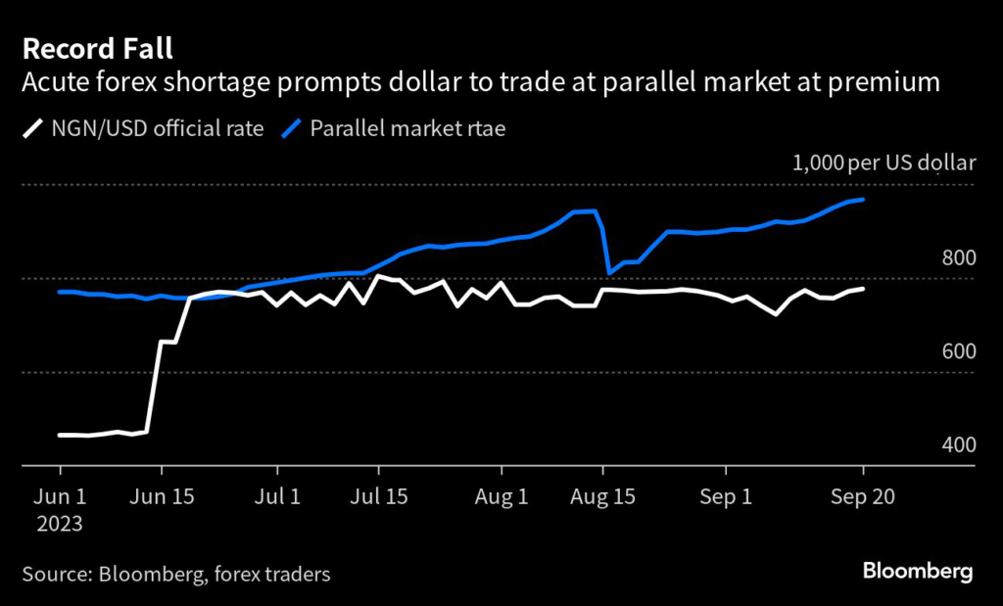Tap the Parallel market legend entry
pyautogui.click(x=407, y=127)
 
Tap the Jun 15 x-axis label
pyautogui.click(x=162, y=496)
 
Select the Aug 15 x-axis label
pyautogui.click(x=603, y=496)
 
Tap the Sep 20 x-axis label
pyautogui.click(x=863, y=496)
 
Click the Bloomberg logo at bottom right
pyautogui.click(x=917, y=571)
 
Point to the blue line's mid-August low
pyautogui.click(x=609, y=272)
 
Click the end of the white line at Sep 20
pyautogui.click(x=863, y=289)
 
